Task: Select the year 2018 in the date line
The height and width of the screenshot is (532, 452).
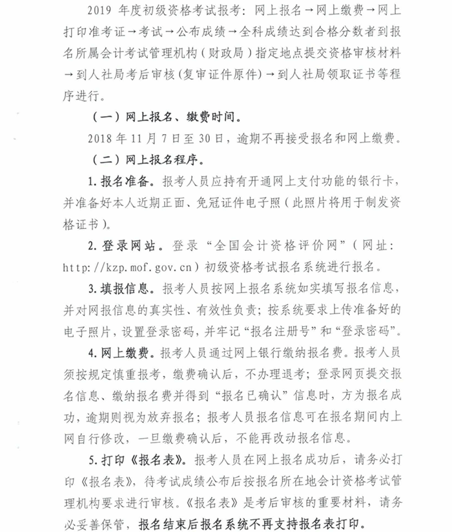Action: (x=96, y=137)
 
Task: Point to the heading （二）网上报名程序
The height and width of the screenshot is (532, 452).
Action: (x=149, y=159)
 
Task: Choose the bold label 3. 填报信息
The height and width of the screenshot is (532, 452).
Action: (x=122, y=288)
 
